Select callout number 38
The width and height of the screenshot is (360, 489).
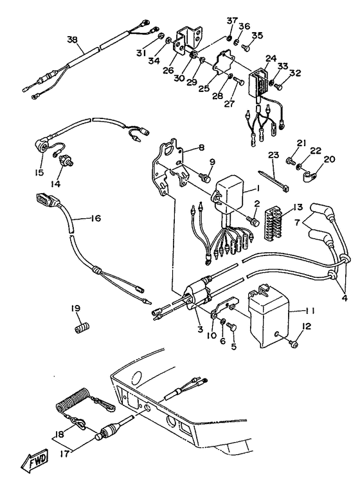pos(72,39)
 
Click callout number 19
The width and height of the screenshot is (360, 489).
pos(76,308)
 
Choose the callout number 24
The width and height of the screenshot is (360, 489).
pos(271,58)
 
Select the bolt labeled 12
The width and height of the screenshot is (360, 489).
pos(292,344)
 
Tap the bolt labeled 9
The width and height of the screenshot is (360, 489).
pos(205,175)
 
